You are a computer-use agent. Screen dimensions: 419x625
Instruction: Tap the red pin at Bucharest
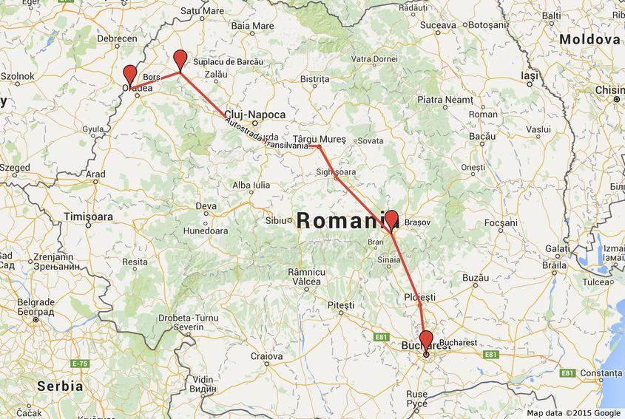point(425,341)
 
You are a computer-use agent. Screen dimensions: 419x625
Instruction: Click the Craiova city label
point(266,356)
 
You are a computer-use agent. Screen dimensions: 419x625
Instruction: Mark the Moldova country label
point(589,38)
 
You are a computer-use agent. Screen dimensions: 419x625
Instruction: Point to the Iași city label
point(530,75)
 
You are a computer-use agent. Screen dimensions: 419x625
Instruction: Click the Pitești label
point(341,304)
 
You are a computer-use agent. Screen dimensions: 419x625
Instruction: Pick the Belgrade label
point(35,302)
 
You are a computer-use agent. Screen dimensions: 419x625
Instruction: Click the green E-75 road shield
point(80,364)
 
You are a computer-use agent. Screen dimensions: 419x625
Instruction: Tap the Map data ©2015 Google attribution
point(573,413)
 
